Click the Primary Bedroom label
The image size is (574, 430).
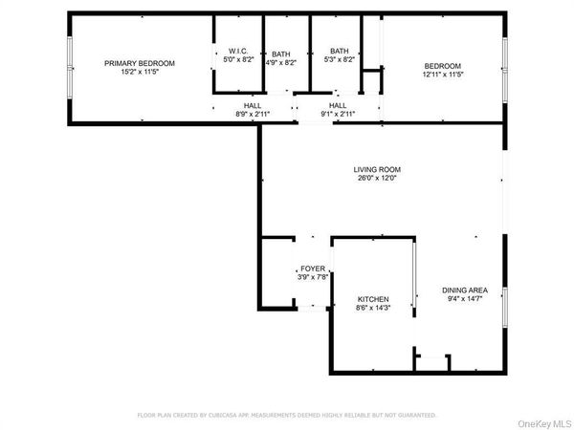(140, 63)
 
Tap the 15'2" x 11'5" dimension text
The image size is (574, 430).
(140, 72)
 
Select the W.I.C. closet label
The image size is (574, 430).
(238, 52)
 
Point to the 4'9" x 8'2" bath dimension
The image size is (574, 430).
(281, 62)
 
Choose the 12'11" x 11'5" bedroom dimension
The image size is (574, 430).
(442, 74)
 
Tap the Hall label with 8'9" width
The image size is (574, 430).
(253, 105)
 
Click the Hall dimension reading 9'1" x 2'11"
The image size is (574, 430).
(338, 114)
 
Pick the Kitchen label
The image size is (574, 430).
(372, 299)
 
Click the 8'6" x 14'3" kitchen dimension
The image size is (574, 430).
(372, 308)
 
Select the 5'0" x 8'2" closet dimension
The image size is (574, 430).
(238, 60)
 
